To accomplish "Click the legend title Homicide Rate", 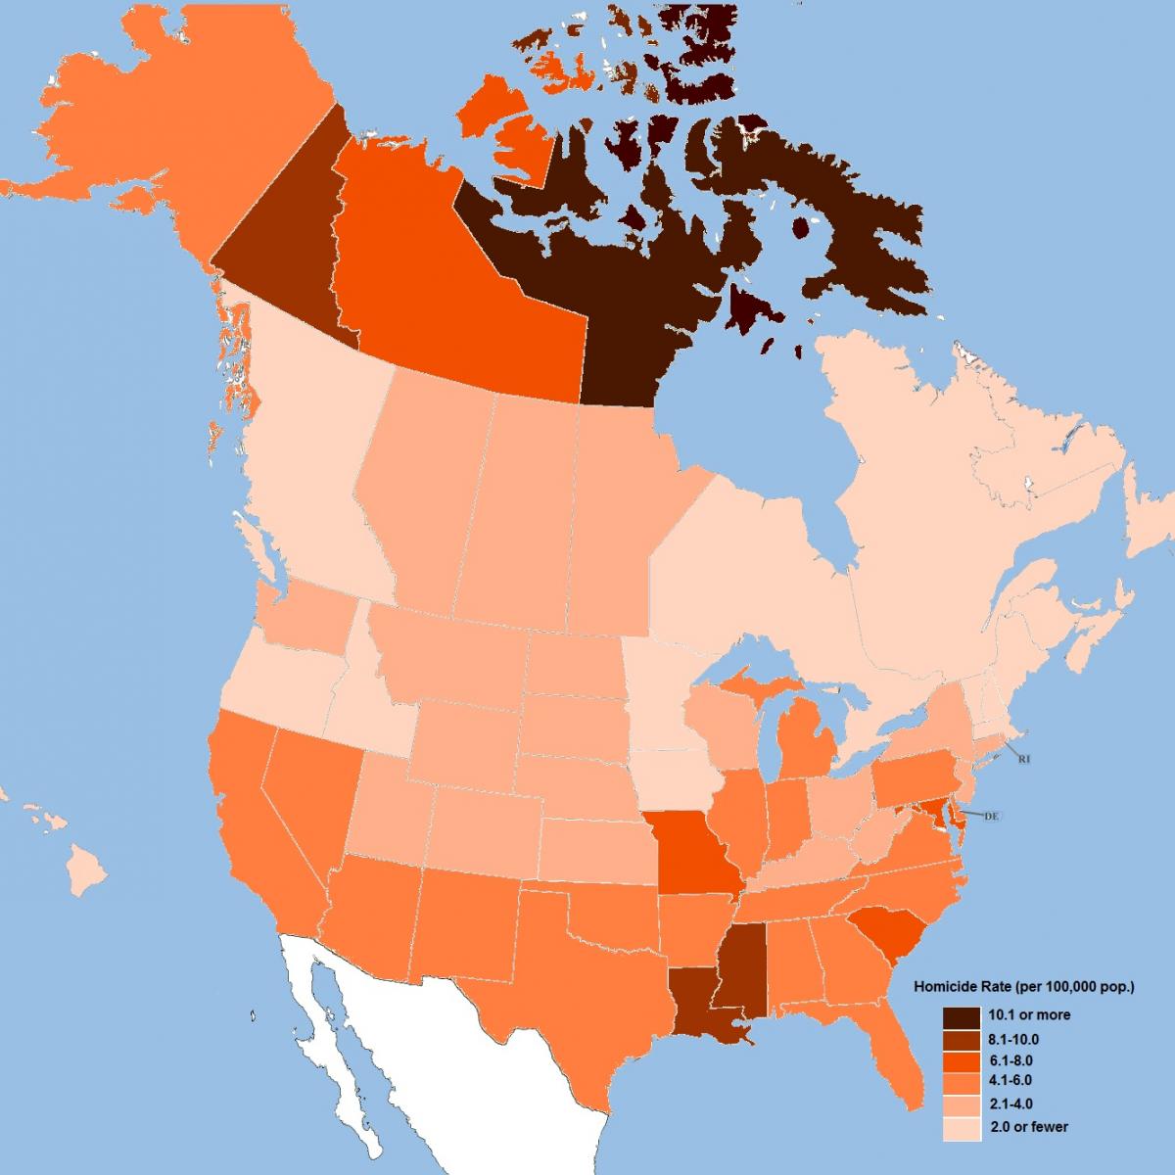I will click(1023, 986).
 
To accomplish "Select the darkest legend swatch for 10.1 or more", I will click(962, 1015).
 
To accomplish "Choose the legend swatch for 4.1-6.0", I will click(962, 1081).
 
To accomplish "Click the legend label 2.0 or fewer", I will click(1029, 1126).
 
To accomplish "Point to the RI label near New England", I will click(1024, 759).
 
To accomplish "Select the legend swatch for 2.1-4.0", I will click(962, 1104).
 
